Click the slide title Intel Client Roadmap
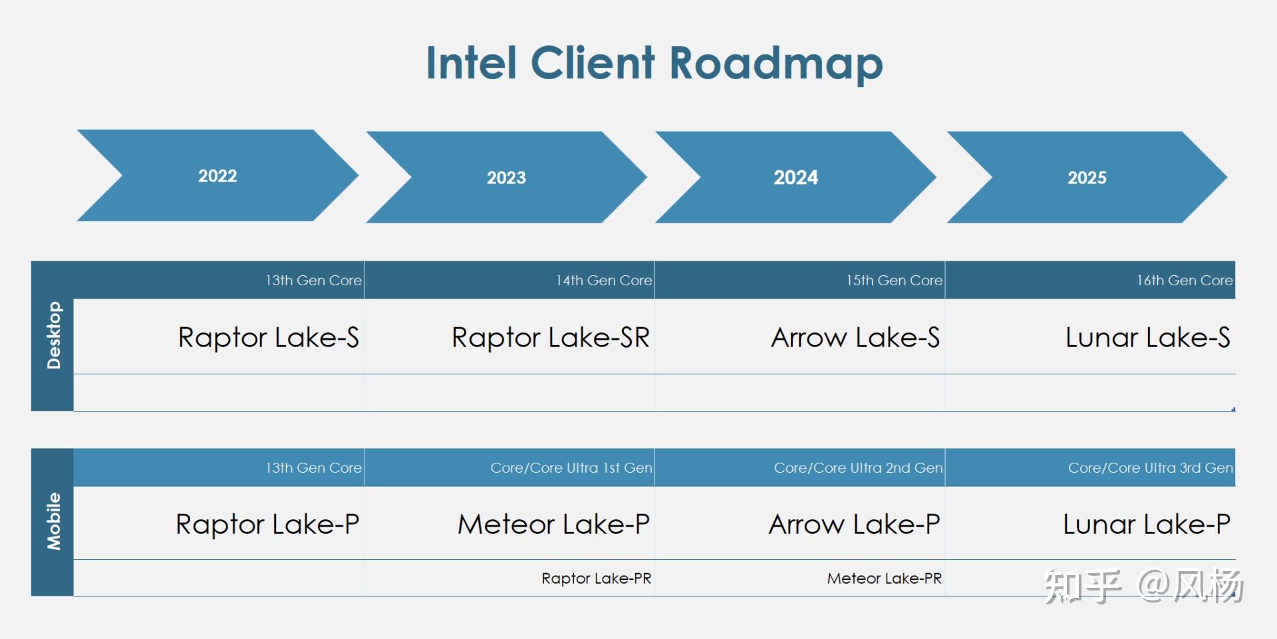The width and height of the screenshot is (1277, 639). [654, 63]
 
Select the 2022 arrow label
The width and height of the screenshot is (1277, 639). [217, 176]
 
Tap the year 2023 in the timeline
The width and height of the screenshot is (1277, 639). [506, 178]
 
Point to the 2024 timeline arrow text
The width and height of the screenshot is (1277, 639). [795, 178]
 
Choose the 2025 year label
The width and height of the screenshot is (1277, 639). [1087, 178]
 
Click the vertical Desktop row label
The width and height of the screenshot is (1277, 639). [53, 335]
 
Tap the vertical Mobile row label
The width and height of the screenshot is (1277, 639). [53, 521]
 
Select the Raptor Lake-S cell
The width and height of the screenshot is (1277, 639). [268, 338]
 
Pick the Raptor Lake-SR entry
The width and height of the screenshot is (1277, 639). [550, 338]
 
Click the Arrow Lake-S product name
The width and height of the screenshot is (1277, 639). [855, 338]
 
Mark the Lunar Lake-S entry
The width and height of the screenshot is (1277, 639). [1147, 338]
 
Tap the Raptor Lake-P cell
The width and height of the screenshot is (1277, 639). [267, 525]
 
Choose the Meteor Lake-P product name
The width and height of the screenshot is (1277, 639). [553, 525]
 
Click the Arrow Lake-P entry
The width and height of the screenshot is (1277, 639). [854, 525]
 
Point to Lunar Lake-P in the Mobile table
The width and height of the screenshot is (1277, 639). [1147, 525]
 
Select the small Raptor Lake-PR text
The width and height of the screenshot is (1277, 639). [596, 578]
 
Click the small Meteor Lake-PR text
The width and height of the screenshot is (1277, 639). [884, 578]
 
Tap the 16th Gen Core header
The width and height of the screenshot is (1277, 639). [1185, 281]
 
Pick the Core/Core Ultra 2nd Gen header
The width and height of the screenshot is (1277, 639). [858, 468]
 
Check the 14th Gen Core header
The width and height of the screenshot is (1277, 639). [604, 281]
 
